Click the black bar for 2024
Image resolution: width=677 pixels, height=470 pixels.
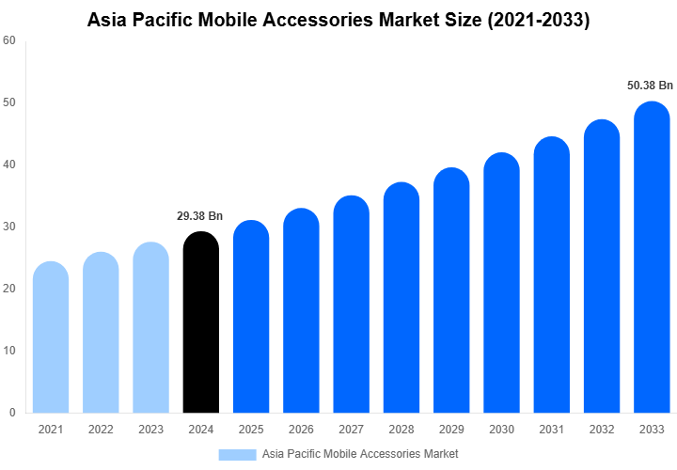tap(200, 324)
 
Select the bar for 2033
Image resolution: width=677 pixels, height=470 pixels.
tap(652, 258)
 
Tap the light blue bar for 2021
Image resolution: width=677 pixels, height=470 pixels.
tap(51, 338)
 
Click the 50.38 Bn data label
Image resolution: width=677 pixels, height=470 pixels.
tap(651, 85)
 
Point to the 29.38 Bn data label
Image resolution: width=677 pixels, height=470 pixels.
tap(199, 216)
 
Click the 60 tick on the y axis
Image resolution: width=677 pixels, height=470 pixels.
tap(9, 40)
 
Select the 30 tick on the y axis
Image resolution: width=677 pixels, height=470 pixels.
tap(9, 227)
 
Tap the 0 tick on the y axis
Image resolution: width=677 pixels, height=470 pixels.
tap(12, 413)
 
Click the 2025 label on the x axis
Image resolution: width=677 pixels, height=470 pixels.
tap(250, 430)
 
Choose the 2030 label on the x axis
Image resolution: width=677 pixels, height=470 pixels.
tap(501, 430)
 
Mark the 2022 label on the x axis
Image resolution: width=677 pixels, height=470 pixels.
tap(101, 430)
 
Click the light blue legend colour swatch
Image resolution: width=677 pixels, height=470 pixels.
tap(237, 454)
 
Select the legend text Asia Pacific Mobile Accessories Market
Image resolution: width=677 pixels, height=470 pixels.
tap(360, 454)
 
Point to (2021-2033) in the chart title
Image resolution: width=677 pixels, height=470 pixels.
tap(539, 19)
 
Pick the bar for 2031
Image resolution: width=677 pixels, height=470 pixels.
tap(551, 276)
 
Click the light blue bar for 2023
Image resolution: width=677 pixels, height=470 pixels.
tap(150, 329)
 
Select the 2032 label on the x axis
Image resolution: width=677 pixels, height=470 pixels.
tap(601, 430)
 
